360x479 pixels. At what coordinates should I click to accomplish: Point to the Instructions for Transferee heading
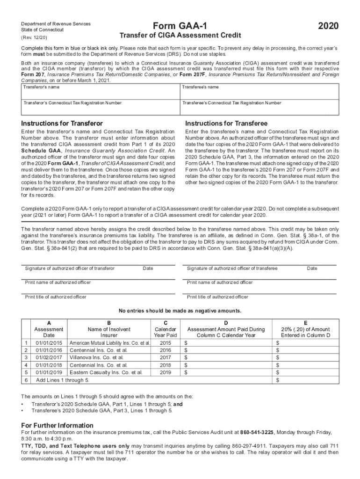click(226, 123)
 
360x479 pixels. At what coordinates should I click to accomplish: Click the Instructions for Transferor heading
click(62, 123)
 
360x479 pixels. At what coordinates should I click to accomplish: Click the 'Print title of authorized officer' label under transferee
click(217, 297)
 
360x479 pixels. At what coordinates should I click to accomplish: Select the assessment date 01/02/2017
click(49, 357)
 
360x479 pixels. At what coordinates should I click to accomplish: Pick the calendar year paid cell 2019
click(165, 372)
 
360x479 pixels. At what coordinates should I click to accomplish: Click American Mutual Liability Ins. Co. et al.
click(110, 342)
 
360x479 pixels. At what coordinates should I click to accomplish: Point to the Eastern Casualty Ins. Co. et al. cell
click(106, 372)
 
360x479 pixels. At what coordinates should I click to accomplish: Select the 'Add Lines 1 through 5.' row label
click(63, 380)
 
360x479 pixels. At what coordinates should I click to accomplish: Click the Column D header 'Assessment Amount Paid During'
click(226, 329)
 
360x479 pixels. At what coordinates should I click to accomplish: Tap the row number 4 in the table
click(25, 365)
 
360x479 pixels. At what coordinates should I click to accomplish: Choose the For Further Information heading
click(58, 425)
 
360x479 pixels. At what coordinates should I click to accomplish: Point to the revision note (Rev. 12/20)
click(34, 37)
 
